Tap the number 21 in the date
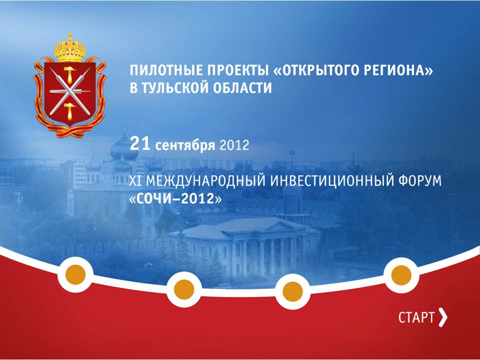(140, 144)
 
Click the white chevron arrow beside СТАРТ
(442, 317)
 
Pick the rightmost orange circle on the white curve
(401, 274)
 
